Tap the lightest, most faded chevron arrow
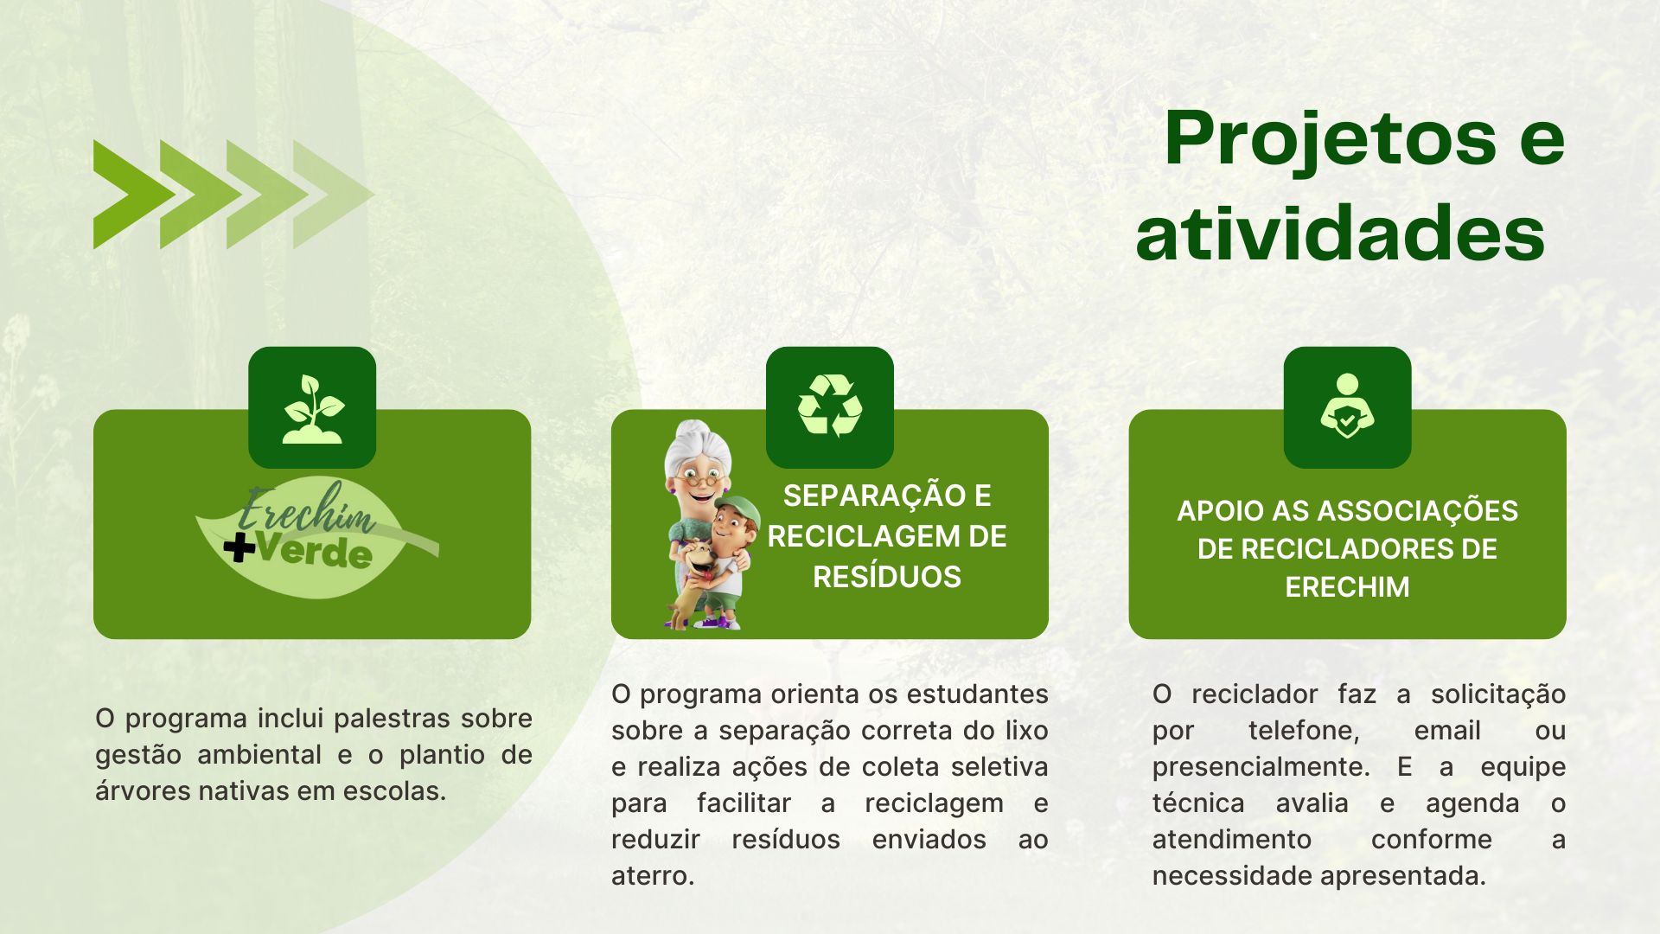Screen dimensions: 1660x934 tap(333, 195)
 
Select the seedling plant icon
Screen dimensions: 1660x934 tap(312, 409)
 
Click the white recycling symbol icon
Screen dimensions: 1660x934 tap(830, 405)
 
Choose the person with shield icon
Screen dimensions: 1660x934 tap(1347, 406)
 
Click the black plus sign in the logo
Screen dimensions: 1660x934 tap(239, 547)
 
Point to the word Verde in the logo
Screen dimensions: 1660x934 tap(316, 552)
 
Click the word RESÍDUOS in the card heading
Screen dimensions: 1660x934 tap(887, 577)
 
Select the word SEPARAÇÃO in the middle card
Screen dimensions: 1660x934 tap(869, 496)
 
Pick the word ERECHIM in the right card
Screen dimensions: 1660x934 tap(1347, 587)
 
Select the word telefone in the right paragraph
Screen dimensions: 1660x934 tap(1304, 731)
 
